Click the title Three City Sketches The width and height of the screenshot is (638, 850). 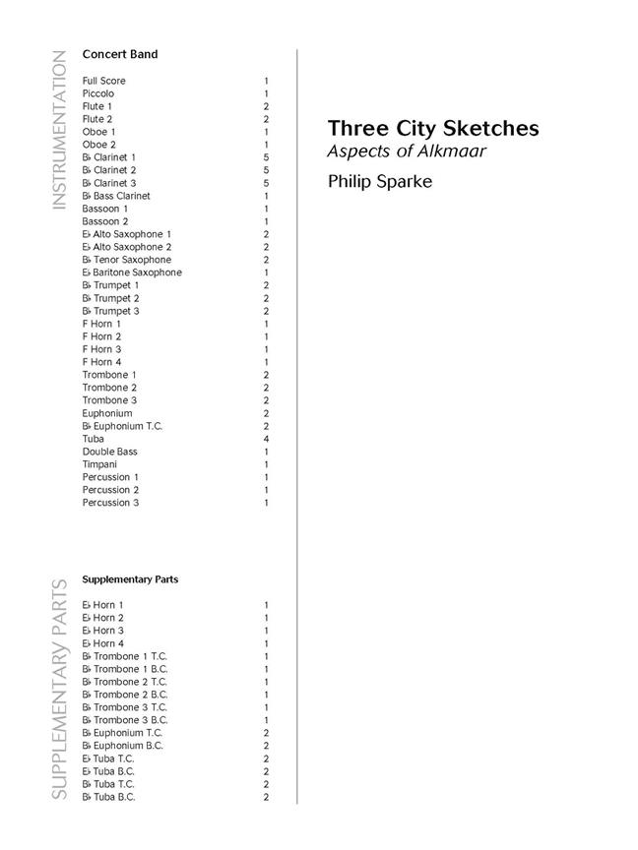coord(433,129)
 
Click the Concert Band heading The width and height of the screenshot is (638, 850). coord(119,54)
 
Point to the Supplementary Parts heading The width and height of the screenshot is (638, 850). coord(130,579)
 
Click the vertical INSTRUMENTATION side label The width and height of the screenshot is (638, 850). coord(59,129)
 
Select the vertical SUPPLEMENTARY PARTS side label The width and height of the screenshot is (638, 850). coord(59,689)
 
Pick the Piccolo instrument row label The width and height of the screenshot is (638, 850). coord(98,93)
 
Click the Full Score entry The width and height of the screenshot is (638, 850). coord(104,81)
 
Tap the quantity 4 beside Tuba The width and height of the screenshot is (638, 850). coord(266,439)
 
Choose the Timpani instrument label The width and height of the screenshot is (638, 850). coord(99,464)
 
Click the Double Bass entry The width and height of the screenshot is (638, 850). coord(109,452)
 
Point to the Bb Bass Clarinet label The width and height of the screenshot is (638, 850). coord(116,196)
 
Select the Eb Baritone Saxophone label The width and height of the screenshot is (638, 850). coord(132,273)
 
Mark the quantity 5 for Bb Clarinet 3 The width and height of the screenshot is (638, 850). coord(266,183)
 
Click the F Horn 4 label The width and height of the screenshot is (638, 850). coord(102,362)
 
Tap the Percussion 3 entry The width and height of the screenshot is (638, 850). coord(110,503)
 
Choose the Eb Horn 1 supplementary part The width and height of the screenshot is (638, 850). coord(103,605)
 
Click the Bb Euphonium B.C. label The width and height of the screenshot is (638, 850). coord(123,746)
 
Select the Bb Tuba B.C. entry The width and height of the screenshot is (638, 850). coord(108,797)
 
